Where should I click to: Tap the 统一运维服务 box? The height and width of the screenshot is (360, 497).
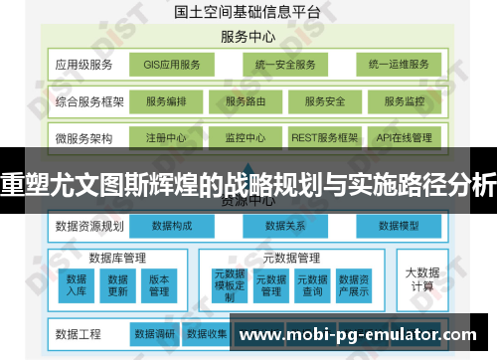(x=398, y=66)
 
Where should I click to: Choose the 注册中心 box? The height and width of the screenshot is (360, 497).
(x=165, y=137)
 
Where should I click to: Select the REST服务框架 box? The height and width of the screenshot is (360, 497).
(x=324, y=137)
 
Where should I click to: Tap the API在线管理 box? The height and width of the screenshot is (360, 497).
(x=405, y=137)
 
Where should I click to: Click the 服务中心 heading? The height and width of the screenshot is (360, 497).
(x=248, y=37)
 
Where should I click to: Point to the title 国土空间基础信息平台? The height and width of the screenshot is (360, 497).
(x=248, y=13)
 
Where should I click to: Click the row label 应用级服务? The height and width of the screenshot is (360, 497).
(x=84, y=66)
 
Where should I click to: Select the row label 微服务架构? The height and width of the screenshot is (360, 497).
(x=84, y=137)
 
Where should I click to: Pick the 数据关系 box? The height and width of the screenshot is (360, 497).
(x=284, y=227)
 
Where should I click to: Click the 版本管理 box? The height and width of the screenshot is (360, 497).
(x=159, y=284)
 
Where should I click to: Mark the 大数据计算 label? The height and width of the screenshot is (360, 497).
(x=421, y=278)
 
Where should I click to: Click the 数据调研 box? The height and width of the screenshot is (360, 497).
(x=154, y=332)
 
